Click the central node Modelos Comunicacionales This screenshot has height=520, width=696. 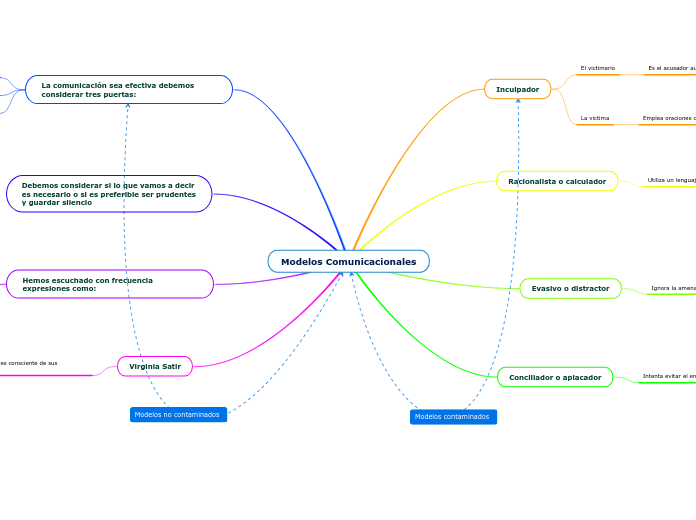click(x=348, y=262)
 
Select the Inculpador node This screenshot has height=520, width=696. click(x=517, y=89)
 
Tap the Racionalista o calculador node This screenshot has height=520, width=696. click(x=557, y=181)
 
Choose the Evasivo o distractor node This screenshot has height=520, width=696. click(x=570, y=288)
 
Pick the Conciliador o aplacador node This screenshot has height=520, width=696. click(x=555, y=377)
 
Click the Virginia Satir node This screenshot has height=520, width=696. click(x=155, y=367)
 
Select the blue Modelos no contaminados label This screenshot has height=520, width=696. click(x=178, y=414)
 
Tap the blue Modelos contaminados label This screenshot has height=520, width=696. click(x=453, y=416)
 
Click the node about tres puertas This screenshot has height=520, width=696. click(x=129, y=90)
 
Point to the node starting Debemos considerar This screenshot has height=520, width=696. click(x=109, y=194)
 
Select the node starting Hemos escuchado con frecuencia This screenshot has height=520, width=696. click(x=110, y=284)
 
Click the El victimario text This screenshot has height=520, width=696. click(x=598, y=68)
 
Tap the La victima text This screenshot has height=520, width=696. click(x=595, y=118)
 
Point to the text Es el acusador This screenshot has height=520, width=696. click(x=671, y=68)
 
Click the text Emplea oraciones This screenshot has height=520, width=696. click(x=668, y=118)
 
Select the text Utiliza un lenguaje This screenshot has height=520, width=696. click(x=671, y=180)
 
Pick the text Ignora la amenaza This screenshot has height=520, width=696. click(x=673, y=288)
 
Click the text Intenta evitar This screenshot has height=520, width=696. click(x=669, y=377)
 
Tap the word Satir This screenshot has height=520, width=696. click(x=171, y=367)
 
